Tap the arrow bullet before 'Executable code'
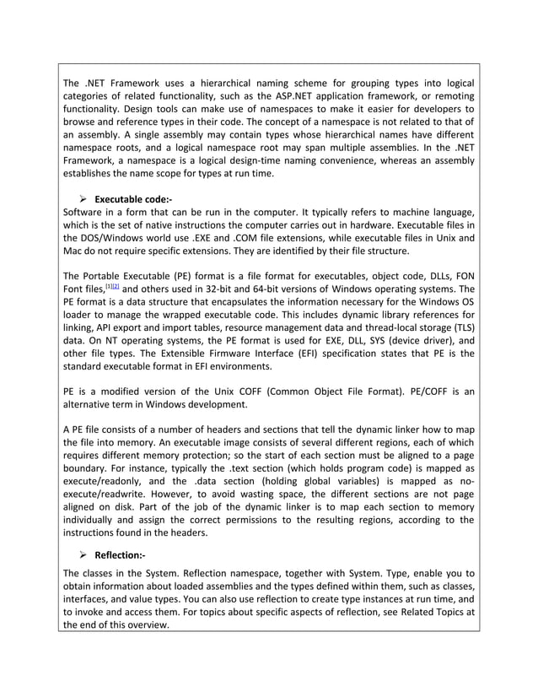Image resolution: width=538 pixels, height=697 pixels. coord(83,199)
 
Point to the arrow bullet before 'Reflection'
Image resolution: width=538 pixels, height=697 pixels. coord(83,555)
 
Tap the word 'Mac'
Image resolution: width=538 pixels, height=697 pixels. coord(74,251)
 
